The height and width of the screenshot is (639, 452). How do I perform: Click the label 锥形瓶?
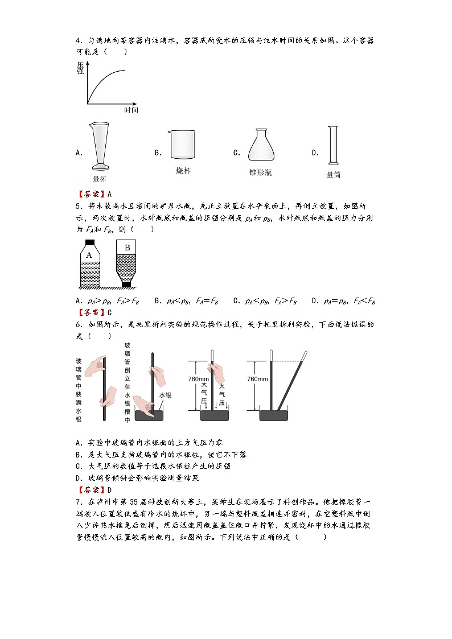click(x=260, y=172)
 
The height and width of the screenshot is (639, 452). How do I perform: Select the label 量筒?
click(x=333, y=175)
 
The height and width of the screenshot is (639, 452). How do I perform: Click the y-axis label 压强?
click(x=80, y=69)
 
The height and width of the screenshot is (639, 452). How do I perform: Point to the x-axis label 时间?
click(x=131, y=110)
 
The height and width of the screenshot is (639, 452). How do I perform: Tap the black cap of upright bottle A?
click(x=89, y=242)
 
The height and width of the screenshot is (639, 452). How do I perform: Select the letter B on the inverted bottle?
click(x=127, y=248)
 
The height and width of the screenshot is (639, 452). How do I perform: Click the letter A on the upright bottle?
click(x=89, y=255)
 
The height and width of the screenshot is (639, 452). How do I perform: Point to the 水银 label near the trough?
click(x=165, y=394)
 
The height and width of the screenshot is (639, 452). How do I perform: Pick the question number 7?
click(x=78, y=502)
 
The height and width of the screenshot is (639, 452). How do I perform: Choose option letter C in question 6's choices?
click(x=78, y=466)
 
